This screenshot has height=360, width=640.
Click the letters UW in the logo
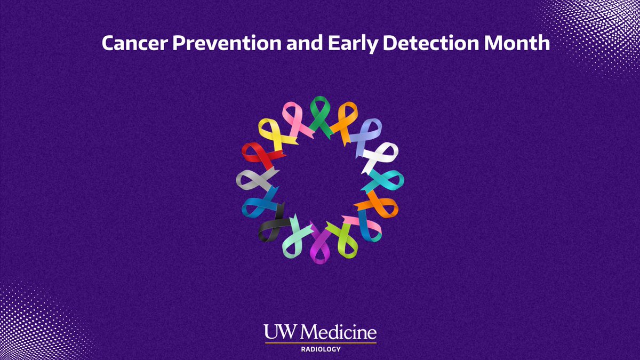278,333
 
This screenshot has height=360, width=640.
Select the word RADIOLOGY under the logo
320,350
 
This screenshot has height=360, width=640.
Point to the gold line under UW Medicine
320,342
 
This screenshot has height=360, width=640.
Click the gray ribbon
252,179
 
